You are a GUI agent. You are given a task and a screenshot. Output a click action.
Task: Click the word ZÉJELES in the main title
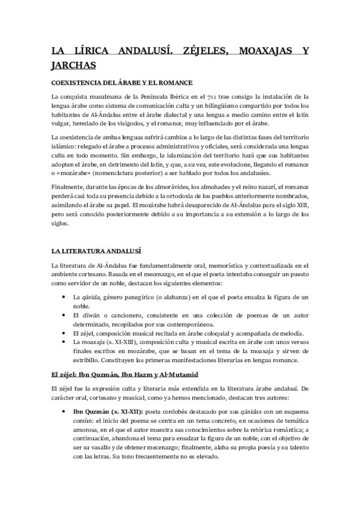(203, 51)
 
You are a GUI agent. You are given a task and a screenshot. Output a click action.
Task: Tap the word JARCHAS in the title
(75, 64)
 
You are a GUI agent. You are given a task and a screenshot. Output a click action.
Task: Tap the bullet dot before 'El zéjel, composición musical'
(64, 333)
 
